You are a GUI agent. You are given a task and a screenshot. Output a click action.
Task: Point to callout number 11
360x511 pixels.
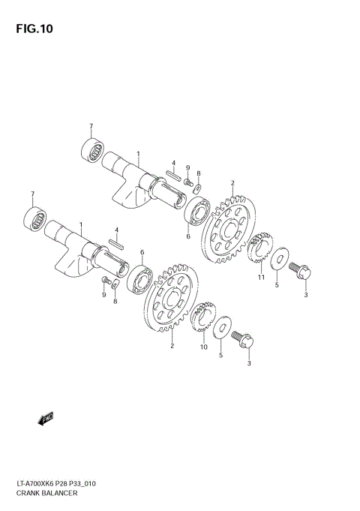pyautogui.click(x=262, y=278)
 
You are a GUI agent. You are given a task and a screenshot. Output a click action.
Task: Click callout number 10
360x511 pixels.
pyautogui.click(x=203, y=347)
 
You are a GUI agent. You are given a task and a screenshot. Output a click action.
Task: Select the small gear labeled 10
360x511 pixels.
pyautogui.click(x=202, y=319)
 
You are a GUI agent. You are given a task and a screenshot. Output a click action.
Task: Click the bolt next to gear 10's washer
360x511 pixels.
pyautogui.click(x=244, y=341)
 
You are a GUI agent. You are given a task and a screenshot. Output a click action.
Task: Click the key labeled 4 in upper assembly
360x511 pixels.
pyautogui.click(x=170, y=175)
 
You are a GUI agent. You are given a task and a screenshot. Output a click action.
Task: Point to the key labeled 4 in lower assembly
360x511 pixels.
pyautogui.click(x=116, y=242)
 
